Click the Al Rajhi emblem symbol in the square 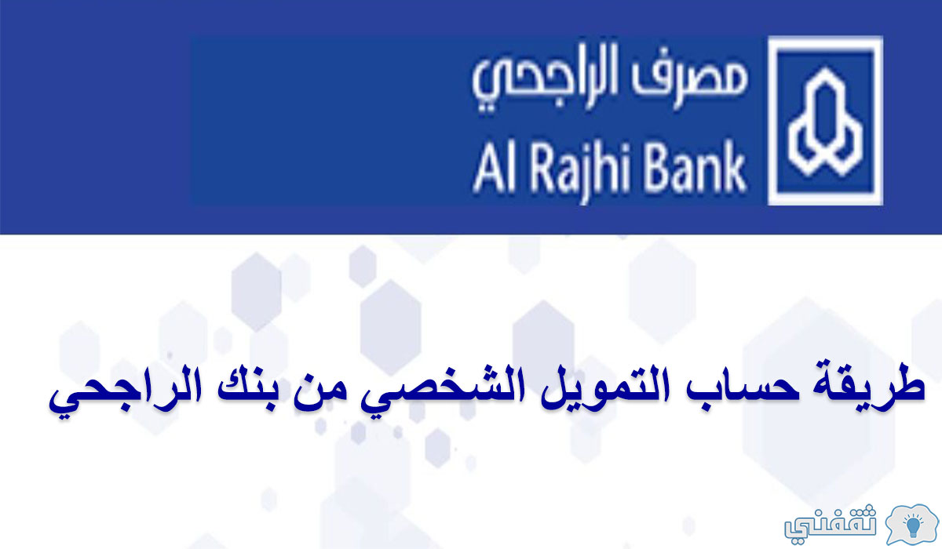[x=826, y=122]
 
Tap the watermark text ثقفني [x=830, y=525]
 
